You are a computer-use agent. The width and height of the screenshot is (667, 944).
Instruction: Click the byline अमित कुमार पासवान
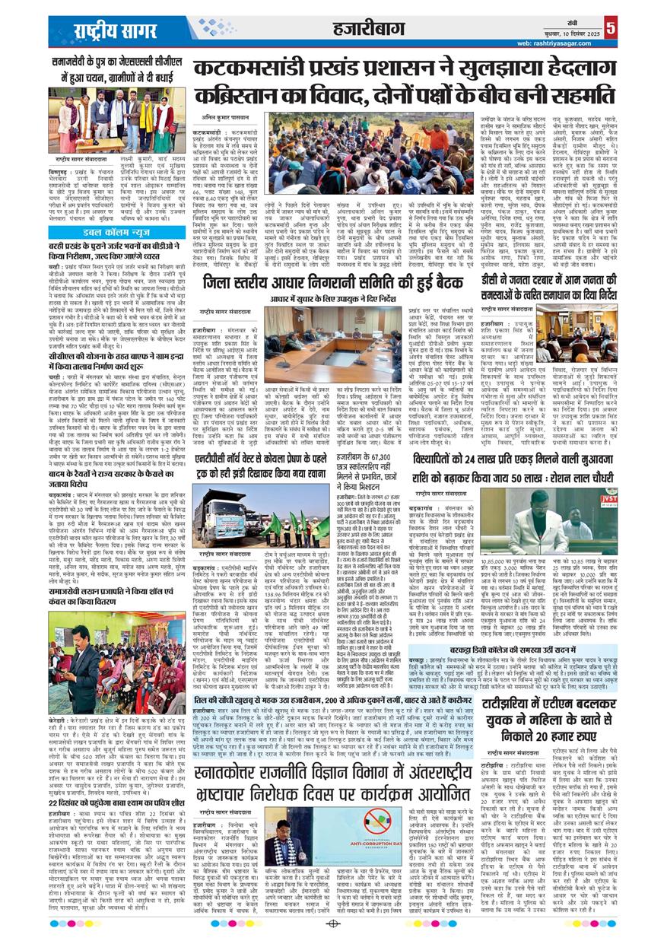[x=227, y=118]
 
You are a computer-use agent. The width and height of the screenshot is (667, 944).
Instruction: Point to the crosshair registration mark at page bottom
[x=332, y=924]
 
